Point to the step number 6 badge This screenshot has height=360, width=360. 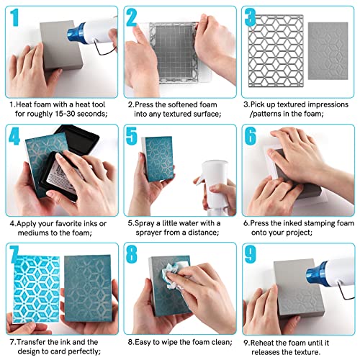pyautogui.click(x=250, y=137)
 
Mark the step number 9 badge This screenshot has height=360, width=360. pyautogui.click(x=250, y=256)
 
